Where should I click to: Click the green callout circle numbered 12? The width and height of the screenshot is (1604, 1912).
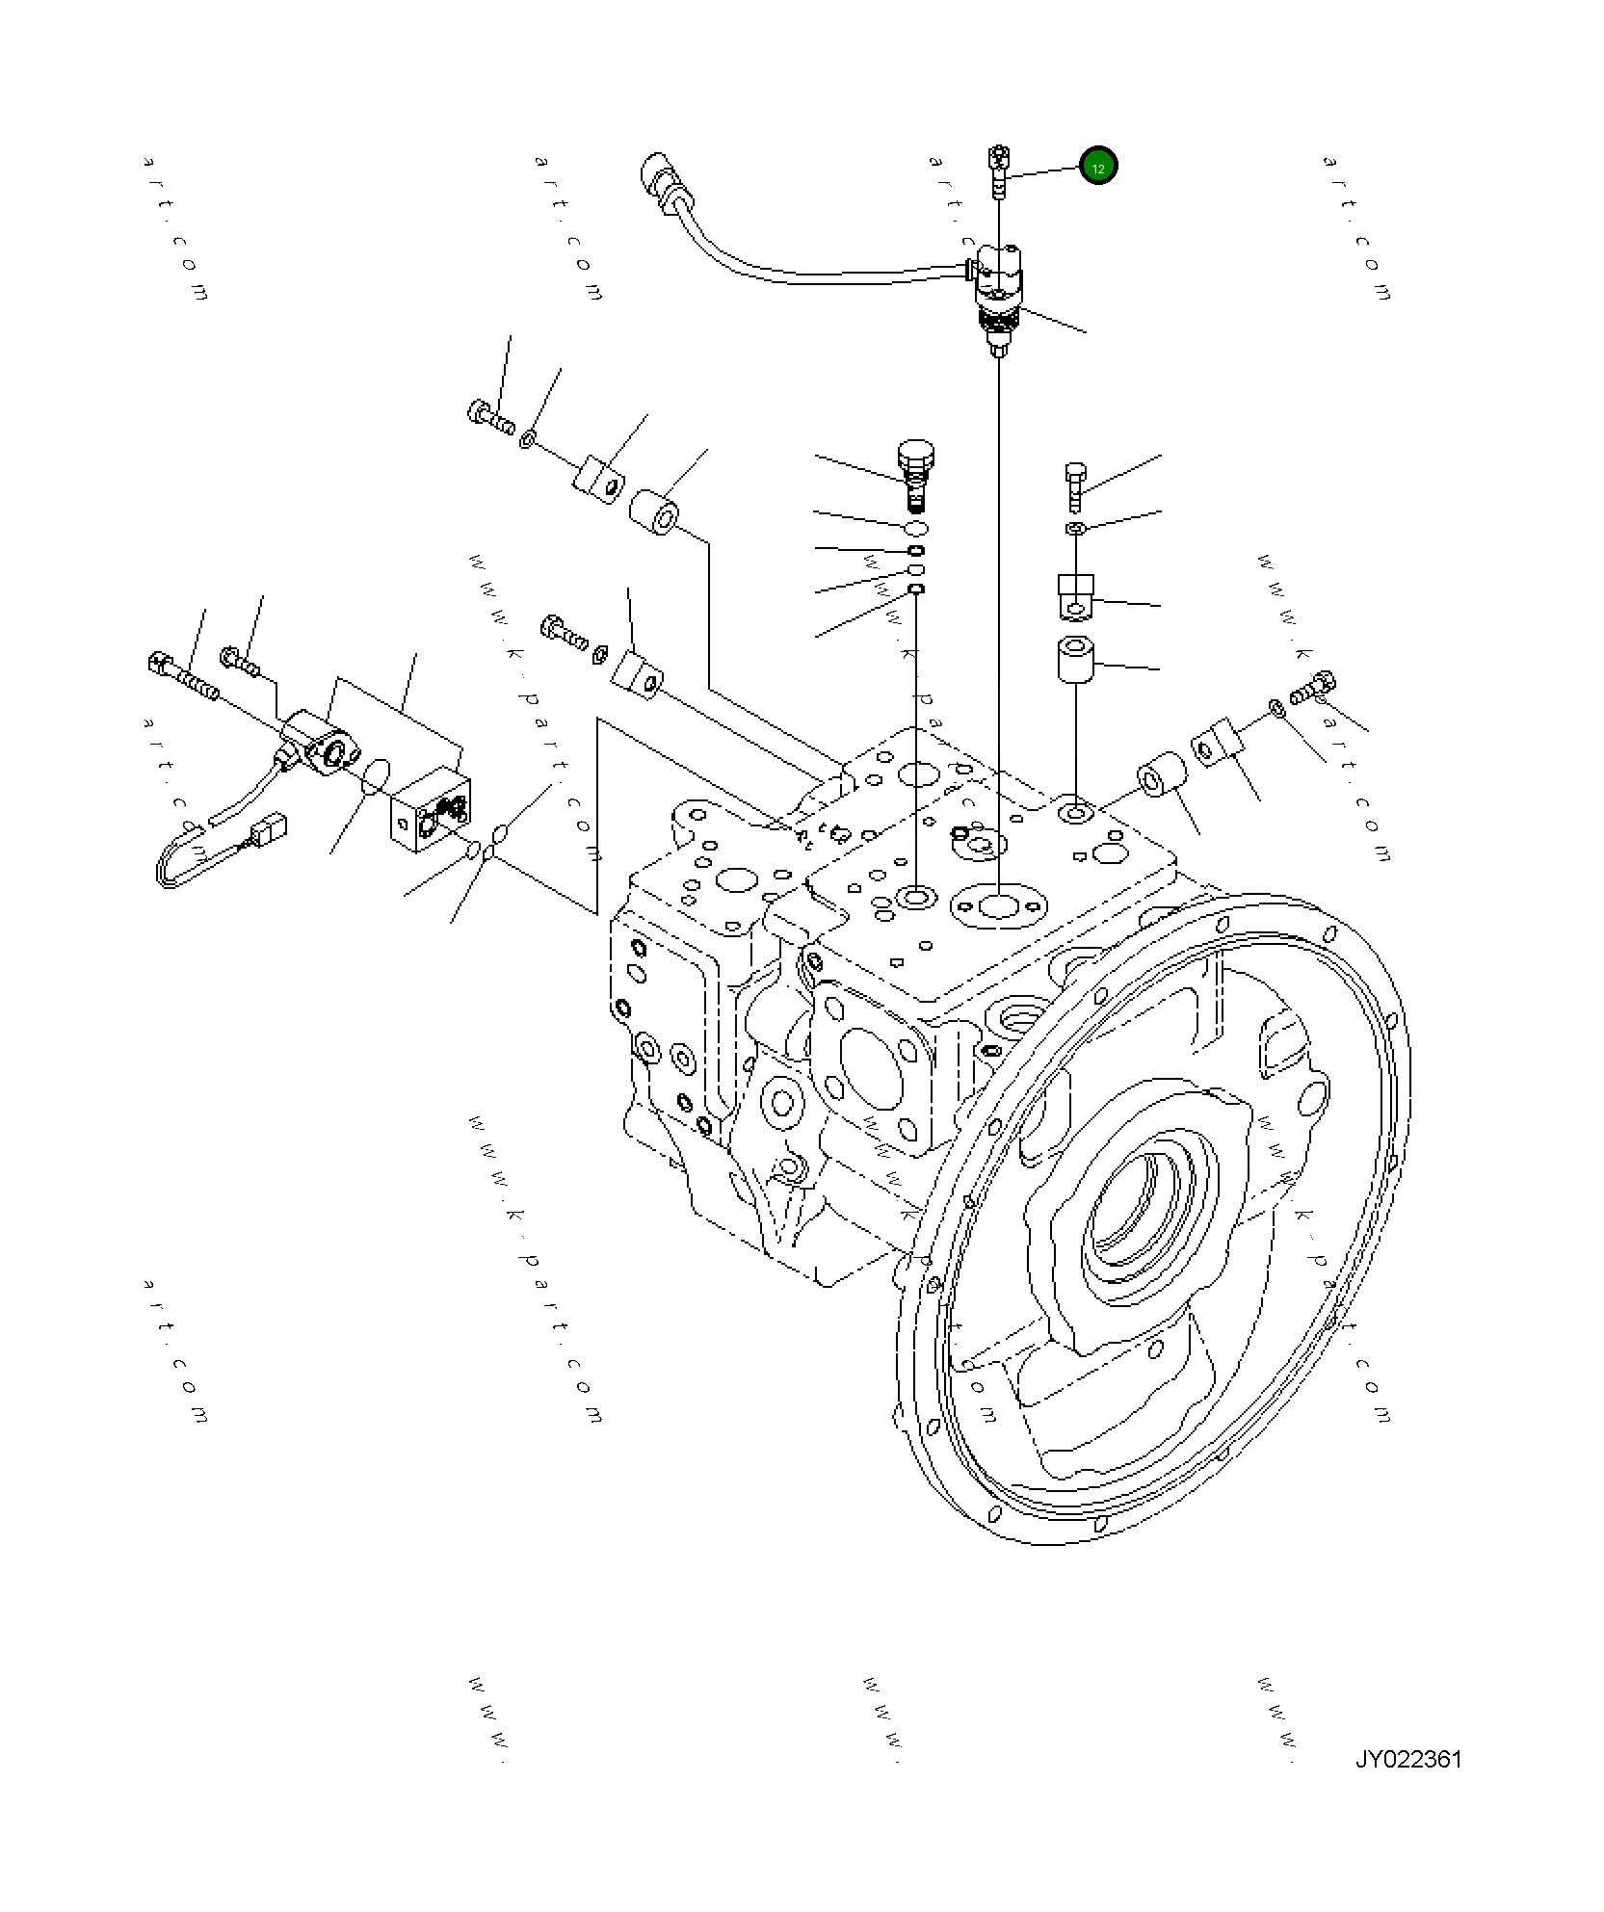pyautogui.click(x=1098, y=167)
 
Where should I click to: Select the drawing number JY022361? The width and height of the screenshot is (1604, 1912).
pyautogui.click(x=1407, y=1760)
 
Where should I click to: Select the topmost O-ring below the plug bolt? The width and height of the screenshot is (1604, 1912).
pyautogui.click(x=916, y=529)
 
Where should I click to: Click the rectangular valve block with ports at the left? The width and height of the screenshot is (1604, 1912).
pyautogui.click(x=431, y=807)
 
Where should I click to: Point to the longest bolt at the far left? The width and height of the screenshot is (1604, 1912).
pyautogui.click(x=183, y=676)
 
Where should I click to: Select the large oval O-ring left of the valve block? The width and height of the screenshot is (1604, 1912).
pyautogui.click(x=376, y=775)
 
